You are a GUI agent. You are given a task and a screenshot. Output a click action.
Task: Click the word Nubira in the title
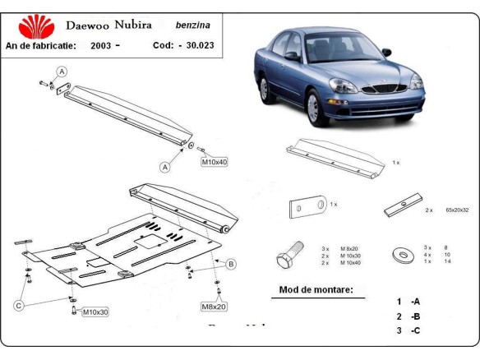click(129, 25)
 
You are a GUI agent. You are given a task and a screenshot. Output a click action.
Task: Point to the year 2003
click(99, 45)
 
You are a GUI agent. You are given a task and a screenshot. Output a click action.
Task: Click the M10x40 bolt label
click(214, 162)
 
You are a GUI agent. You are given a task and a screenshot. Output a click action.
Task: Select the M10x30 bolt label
click(95, 312)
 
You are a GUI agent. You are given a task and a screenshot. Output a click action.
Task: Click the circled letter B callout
click(231, 264)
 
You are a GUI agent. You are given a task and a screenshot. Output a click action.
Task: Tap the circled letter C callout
click(18, 307)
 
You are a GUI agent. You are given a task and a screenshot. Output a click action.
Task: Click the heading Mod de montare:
click(316, 290)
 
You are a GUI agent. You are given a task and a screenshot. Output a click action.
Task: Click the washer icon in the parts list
click(404, 253)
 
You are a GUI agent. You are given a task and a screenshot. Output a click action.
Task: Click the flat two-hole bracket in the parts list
click(307, 207)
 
